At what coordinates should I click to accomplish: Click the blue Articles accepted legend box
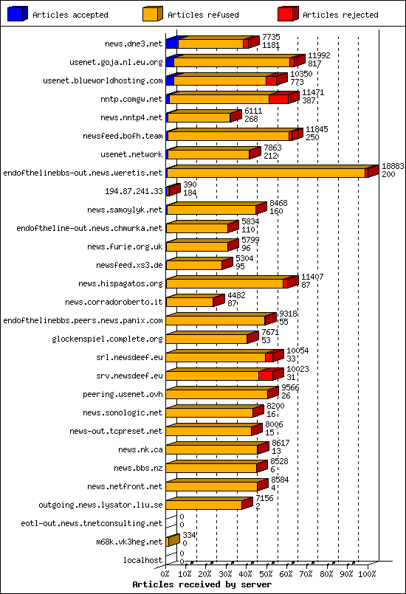pyautogui.click(x=18, y=14)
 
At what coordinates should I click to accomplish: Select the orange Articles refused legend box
pyautogui.click(x=153, y=14)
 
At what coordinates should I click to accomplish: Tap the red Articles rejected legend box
pyautogui.click(x=288, y=14)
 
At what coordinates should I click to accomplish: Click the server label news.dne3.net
pyautogui.click(x=133, y=44)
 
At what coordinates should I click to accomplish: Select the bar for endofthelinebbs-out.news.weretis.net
pyautogui.click(x=266, y=173)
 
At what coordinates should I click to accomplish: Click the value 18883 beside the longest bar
pyautogui.click(x=392, y=167)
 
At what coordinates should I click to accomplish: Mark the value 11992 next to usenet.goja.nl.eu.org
pyautogui.click(x=319, y=55)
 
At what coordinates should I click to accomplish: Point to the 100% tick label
pyautogui.click(x=367, y=573)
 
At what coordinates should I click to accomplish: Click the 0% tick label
pyautogui.click(x=165, y=573)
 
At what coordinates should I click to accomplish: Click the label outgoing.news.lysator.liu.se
pyautogui.click(x=100, y=505)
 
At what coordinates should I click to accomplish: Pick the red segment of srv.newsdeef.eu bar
pyautogui.click(x=266, y=376)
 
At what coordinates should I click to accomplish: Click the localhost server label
pyautogui.click(x=143, y=560)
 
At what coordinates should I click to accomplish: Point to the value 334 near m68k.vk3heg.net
pyautogui.click(x=190, y=535)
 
